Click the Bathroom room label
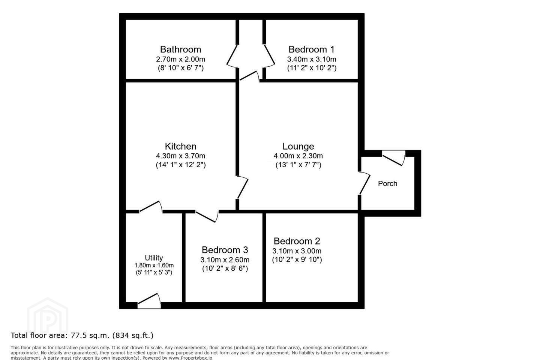[181, 49]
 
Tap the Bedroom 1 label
[312, 49]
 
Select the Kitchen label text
[181, 146]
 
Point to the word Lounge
[298, 146]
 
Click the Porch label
[387, 184]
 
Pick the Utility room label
[154, 258]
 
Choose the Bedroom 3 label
[225, 250]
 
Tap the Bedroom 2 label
[297, 241]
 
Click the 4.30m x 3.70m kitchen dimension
[181, 156]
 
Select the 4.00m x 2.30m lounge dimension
[298, 156]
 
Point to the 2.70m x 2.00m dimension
[181, 59]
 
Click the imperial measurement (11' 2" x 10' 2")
[312, 68]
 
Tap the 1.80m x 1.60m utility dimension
[154, 265]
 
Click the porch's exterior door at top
[394, 158]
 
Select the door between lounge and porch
[364, 183]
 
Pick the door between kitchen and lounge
[243, 187]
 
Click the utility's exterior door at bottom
[149, 301]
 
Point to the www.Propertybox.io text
[190, 358]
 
